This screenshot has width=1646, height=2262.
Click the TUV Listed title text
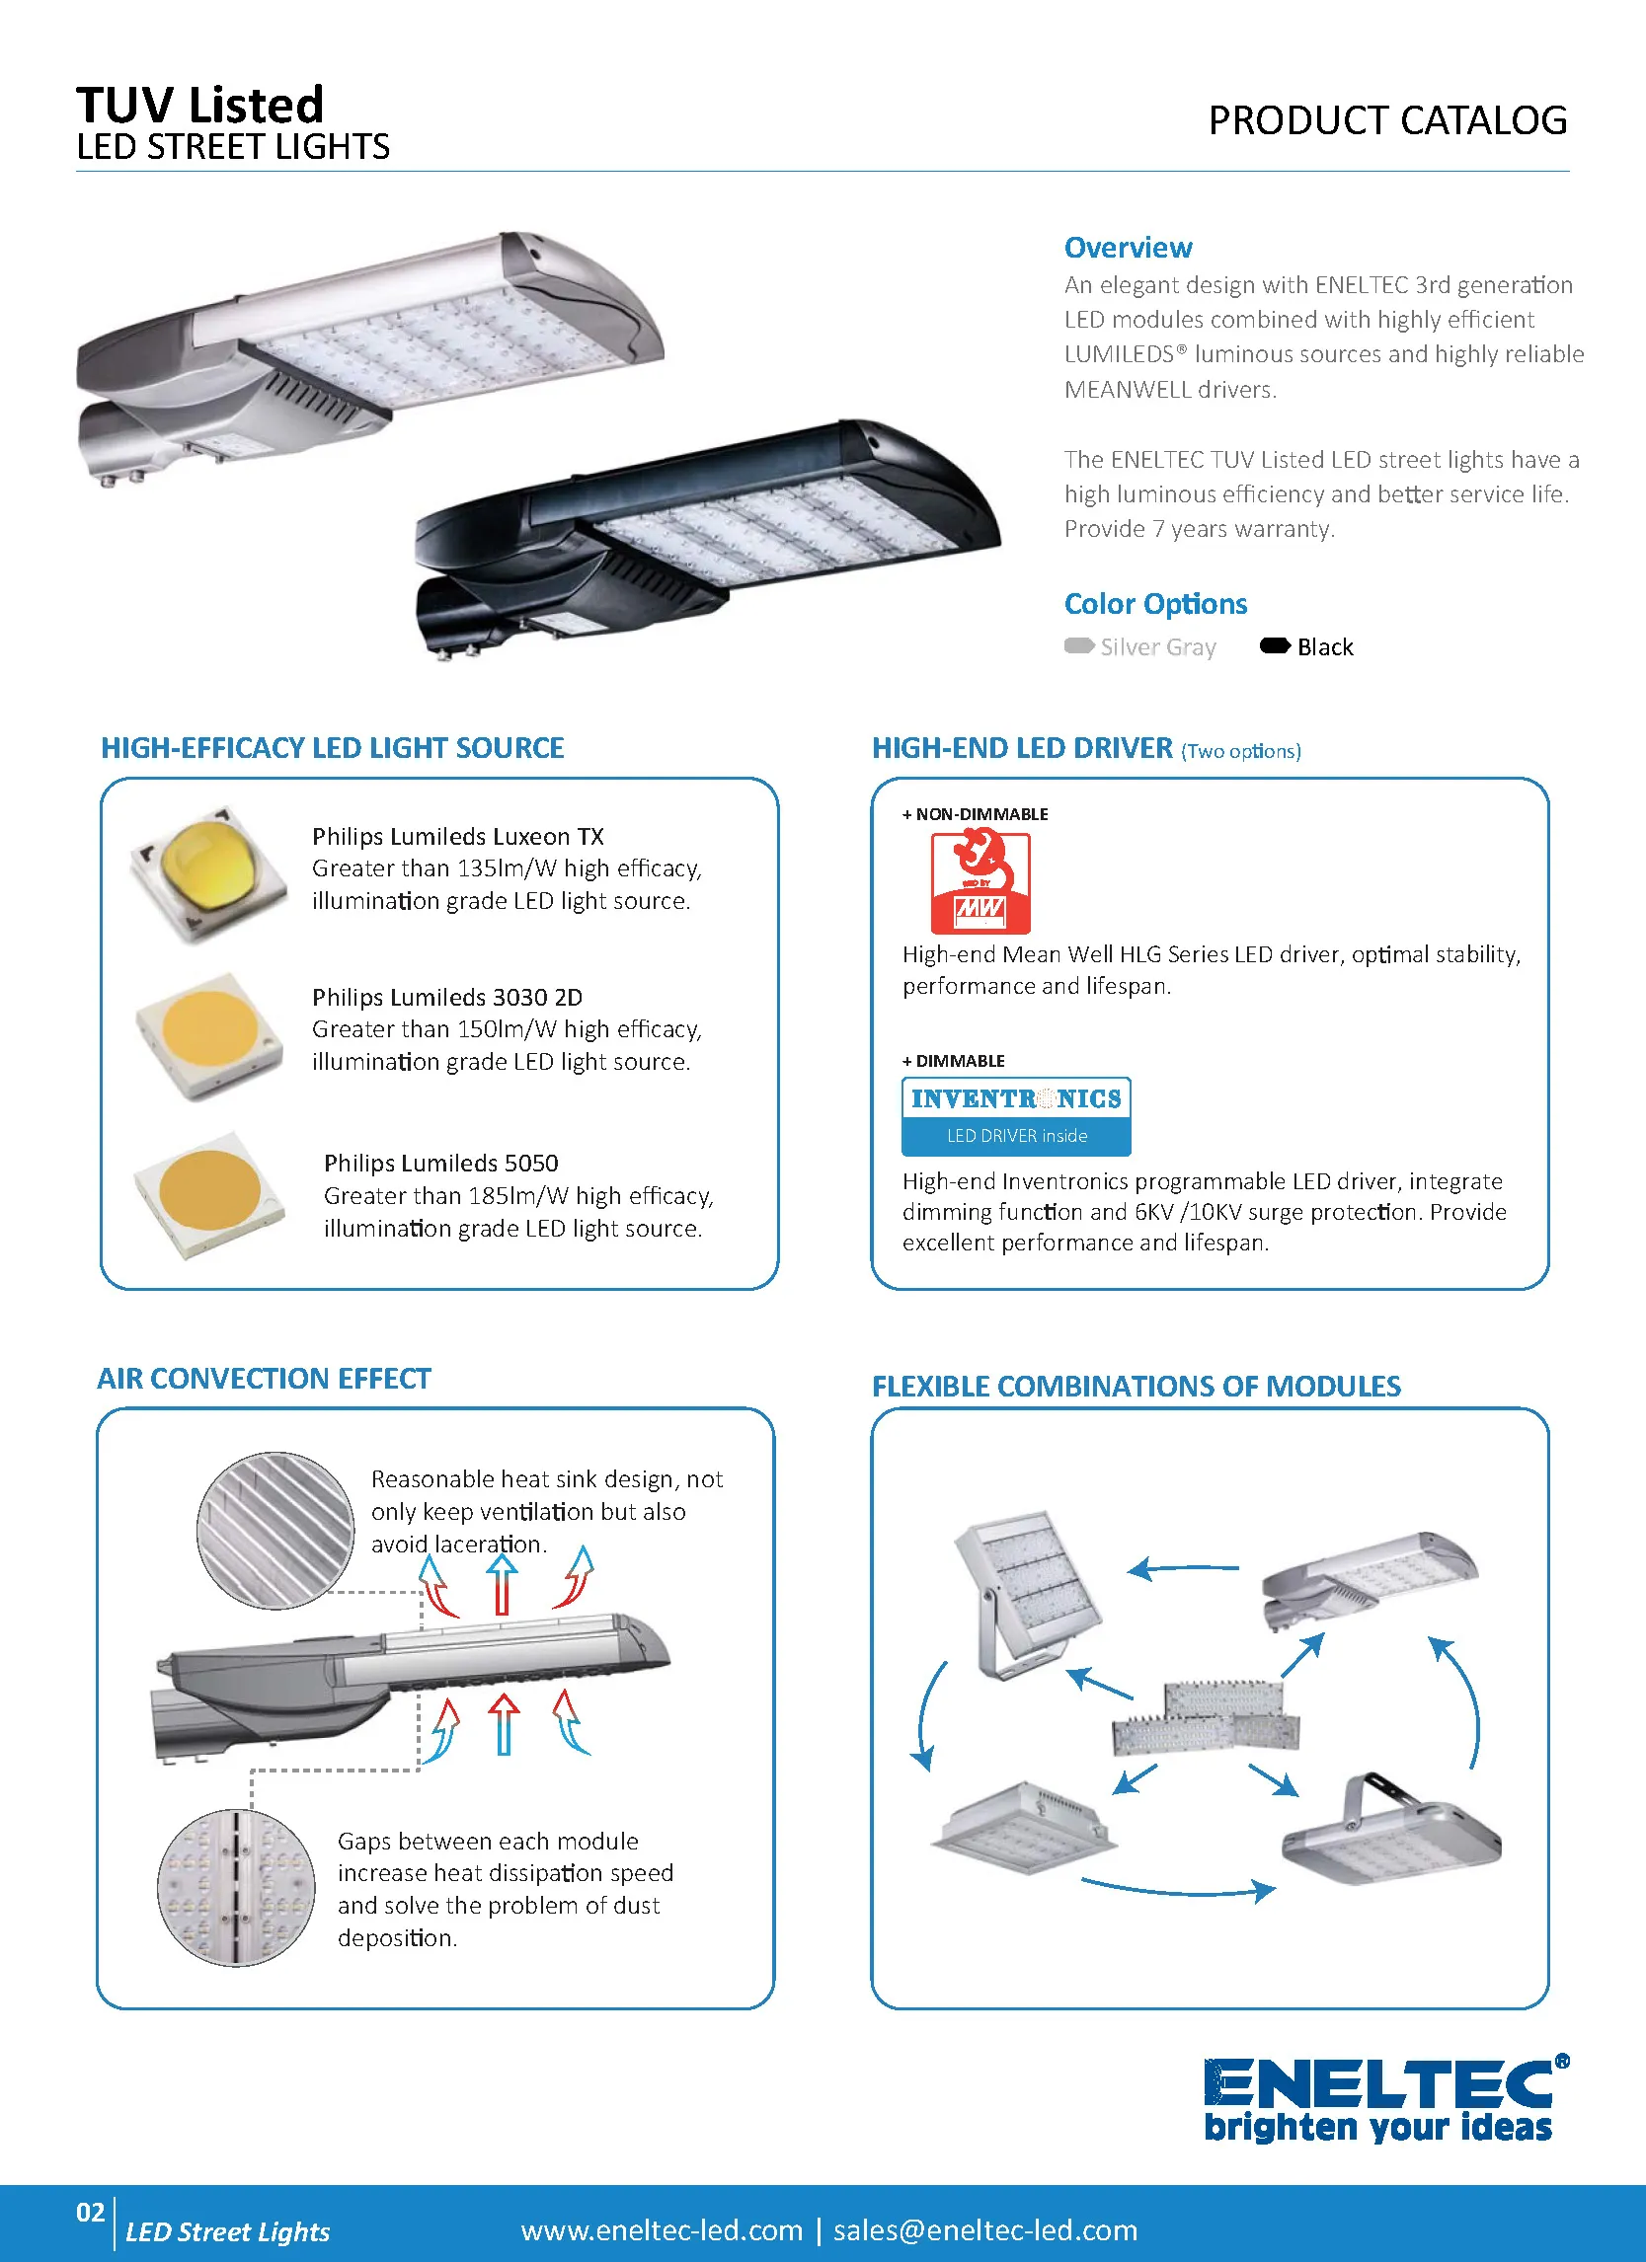199,105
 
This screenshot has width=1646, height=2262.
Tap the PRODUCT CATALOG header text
1386,120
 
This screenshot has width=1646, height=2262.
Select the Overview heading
1128,248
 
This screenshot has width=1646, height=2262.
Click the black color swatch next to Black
1275,646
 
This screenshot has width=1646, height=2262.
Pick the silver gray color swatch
1078,646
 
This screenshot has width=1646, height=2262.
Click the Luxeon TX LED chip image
208,874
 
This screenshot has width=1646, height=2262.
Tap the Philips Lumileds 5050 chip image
208,1194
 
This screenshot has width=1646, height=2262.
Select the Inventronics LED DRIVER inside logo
1015,1116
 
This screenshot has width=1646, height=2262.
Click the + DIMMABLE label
953,1060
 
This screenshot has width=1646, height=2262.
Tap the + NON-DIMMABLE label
975,814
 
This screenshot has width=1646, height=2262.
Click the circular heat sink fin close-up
275,1530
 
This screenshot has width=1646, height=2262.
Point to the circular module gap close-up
236,1888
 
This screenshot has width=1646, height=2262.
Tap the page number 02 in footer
90,2212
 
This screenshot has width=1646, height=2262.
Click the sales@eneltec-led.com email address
984,2230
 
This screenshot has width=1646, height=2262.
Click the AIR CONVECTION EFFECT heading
264,1379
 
